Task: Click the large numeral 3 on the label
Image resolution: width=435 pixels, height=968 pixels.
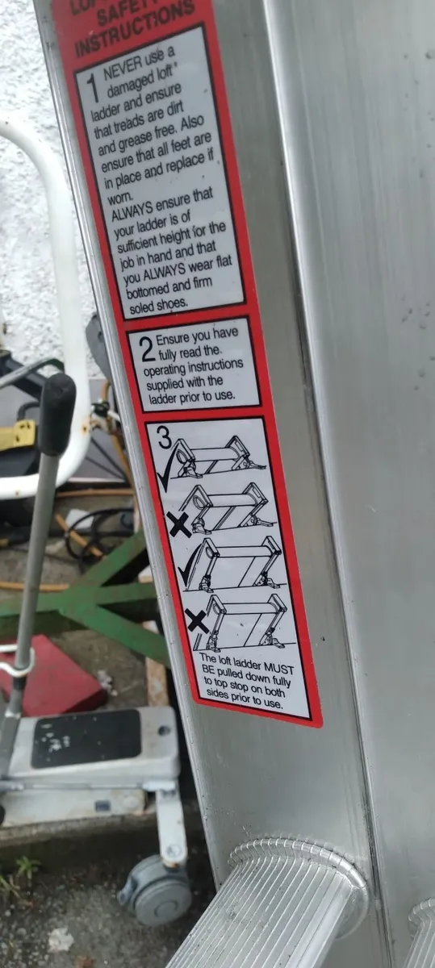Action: tap(164, 440)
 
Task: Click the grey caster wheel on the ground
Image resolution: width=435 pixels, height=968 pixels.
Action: tap(153, 891)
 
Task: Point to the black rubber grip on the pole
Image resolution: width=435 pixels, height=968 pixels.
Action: tap(56, 412)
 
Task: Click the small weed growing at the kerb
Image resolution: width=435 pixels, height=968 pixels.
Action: tap(24, 871)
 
